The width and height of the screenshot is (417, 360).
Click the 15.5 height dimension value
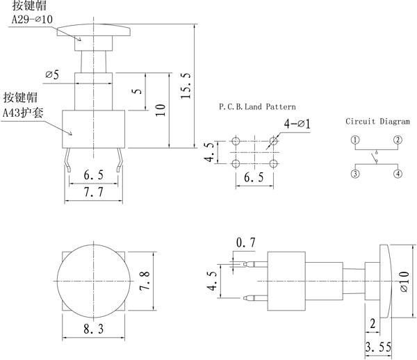click(186, 85)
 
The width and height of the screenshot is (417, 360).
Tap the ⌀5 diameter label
click(52, 75)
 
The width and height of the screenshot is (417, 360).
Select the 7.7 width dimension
click(93, 192)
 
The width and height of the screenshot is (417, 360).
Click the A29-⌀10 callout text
click(32, 19)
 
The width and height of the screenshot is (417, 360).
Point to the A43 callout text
click(23, 113)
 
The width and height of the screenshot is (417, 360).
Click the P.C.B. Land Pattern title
click(257, 107)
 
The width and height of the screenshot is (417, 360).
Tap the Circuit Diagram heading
click(377, 122)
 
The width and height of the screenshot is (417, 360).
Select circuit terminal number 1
click(355, 140)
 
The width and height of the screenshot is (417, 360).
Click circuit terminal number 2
click(398, 140)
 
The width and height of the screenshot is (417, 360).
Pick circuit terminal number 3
click(355, 174)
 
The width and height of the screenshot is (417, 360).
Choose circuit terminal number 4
click(398, 174)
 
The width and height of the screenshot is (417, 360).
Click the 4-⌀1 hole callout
click(297, 124)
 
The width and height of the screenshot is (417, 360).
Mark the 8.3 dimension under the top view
click(93, 329)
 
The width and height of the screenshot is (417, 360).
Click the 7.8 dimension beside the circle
click(145, 281)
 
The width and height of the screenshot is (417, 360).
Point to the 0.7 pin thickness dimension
click(245, 243)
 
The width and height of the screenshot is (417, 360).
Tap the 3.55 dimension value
click(378, 347)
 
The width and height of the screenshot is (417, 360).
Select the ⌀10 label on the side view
click(404, 281)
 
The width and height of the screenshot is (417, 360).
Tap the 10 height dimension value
click(161, 110)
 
